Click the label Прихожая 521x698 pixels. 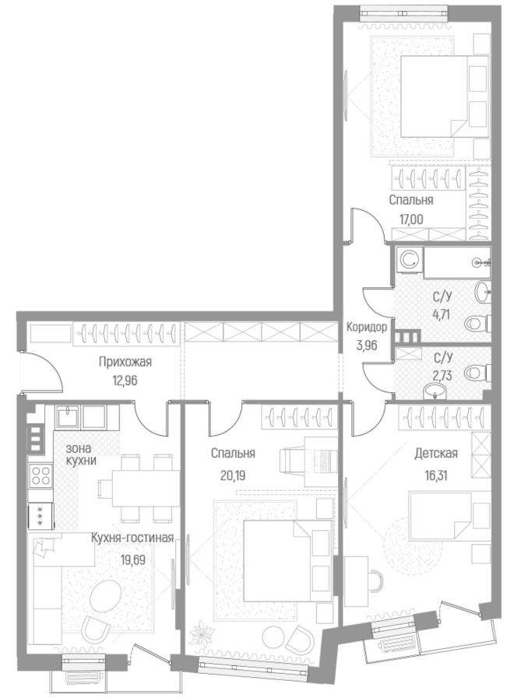click(125, 361)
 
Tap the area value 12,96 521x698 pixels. click(125, 381)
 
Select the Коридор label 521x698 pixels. click(367, 327)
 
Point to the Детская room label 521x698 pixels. click(435, 454)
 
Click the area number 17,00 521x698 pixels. click(411, 219)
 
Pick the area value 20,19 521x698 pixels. click(234, 474)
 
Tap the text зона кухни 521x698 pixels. click(81, 454)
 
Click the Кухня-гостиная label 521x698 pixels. click(131, 538)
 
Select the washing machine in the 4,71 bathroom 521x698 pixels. click(407, 261)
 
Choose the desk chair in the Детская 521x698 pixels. click(373, 580)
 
